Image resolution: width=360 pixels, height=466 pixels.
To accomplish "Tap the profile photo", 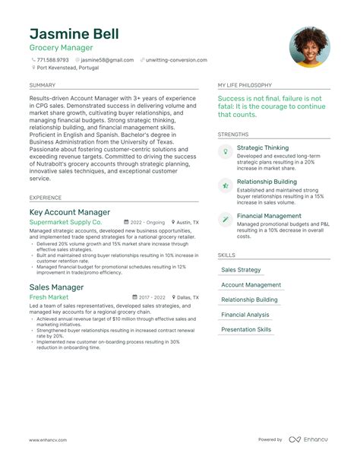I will coord(309,47).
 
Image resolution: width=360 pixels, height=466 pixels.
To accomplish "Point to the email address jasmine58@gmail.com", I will coord(107,59).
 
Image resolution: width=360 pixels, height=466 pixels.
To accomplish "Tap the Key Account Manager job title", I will coord(70,212).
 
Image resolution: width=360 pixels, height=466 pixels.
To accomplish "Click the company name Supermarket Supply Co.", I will coord(65,223).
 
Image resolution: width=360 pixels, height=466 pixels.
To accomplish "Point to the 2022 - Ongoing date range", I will coord(146,223).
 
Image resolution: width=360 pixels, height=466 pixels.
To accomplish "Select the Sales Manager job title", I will coord(56,287).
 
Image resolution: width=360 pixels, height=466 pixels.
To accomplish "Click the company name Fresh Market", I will coord(49,297).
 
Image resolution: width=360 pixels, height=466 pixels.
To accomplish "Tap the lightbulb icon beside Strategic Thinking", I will coord(226,152).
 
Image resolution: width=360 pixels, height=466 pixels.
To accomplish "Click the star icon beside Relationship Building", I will coord(226,185).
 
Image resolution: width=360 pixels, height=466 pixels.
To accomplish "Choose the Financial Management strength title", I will coord(269,216).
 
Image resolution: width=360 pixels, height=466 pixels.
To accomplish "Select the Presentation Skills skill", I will coord(246,330).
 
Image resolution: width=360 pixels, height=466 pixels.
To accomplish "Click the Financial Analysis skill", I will coord(245,315).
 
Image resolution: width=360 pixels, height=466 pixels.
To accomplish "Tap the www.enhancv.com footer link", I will coord(48,440).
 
